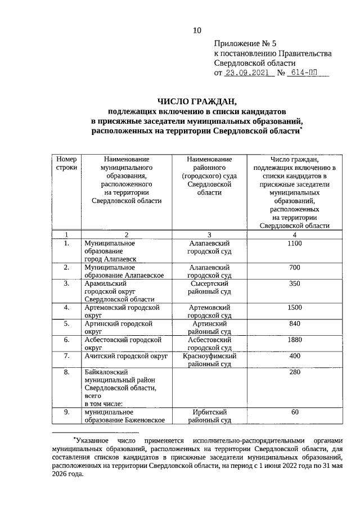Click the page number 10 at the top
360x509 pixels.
point(197,30)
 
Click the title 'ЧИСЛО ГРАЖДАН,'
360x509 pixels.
point(197,102)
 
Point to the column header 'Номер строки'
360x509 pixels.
point(66,164)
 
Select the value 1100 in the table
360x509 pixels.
point(295,243)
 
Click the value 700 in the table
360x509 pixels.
point(295,268)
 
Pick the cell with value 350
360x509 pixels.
point(295,284)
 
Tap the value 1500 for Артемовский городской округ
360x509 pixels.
point(295,308)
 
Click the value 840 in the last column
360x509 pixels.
point(295,325)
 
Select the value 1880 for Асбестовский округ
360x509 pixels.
point(295,340)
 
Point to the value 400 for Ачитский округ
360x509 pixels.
point(295,357)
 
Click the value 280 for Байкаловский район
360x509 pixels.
point(295,372)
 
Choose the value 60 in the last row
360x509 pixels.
point(295,412)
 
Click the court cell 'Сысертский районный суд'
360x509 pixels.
point(209,288)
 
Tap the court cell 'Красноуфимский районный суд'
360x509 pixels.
point(209,361)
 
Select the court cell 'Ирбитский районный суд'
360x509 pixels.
point(209,416)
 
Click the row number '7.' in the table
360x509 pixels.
point(66,357)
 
